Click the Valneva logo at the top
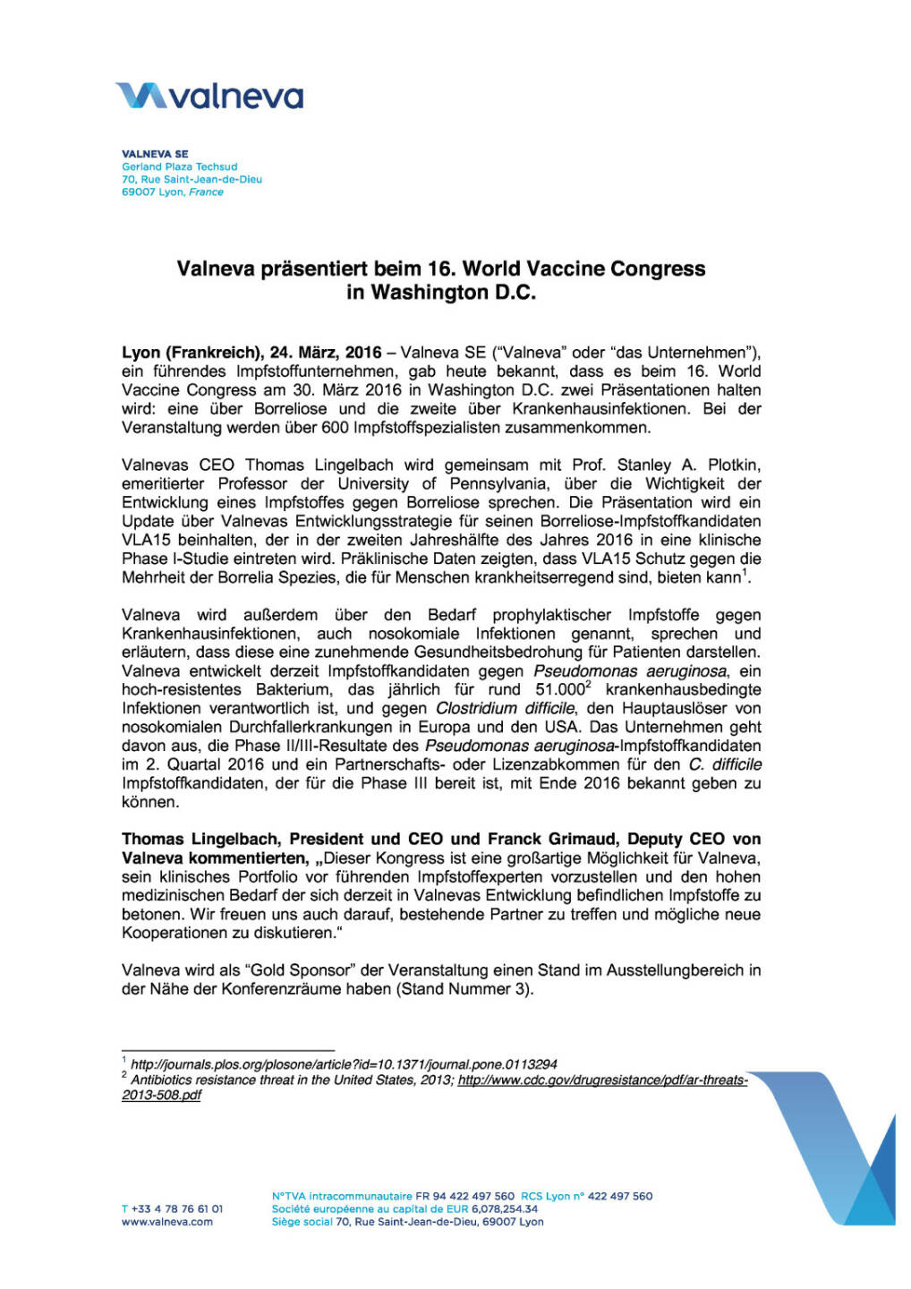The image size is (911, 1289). point(209,96)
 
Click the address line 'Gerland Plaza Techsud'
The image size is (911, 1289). point(180,166)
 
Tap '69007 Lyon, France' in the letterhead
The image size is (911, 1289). point(173,192)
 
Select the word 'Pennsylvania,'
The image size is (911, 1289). point(507,484)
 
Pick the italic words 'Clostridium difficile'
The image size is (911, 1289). point(505,709)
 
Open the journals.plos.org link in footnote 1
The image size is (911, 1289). point(344,1064)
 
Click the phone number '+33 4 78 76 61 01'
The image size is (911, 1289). point(173,1209)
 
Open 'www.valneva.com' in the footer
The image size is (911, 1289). point(167,1222)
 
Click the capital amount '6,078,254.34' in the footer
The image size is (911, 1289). point(505,1209)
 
